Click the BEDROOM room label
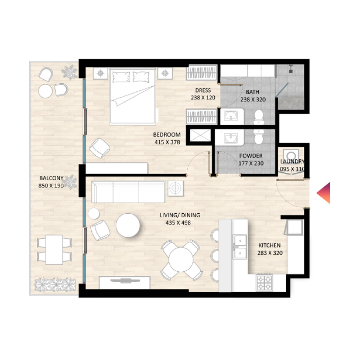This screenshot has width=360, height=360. click(166, 135)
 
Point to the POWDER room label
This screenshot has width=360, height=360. click(251, 156)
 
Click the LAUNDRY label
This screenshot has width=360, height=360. click(292, 162)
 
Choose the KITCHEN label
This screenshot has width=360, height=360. click(270, 245)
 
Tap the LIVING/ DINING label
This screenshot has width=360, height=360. click(180, 216)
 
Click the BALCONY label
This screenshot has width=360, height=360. click(51, 178)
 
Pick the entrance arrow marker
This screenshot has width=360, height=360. click(324, 193)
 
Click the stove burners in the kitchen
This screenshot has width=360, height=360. click(264, 282)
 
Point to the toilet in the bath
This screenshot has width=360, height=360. click(258, 117)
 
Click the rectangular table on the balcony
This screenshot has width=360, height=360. click(54, 250)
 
